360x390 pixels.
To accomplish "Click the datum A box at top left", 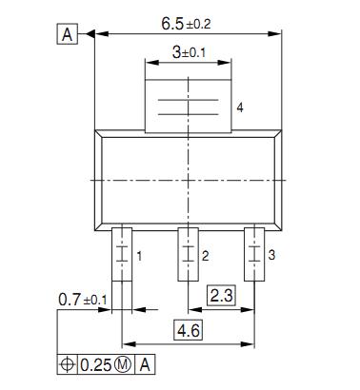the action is (x=68, y=33).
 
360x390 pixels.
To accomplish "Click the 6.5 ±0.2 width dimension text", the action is (x=186, y=24).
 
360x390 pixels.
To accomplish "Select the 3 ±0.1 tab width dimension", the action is (x=189, y=52).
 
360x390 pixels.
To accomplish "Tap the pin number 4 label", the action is (x=240, y=107).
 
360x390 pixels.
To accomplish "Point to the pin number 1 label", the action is (x=139, y=256).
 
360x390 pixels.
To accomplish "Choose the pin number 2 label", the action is (x=206, y=256).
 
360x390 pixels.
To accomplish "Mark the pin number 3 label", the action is (x=271, y=255).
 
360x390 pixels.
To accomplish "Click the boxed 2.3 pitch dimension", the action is (x=222, y=296).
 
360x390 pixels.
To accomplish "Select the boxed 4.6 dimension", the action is (x=189, y=330).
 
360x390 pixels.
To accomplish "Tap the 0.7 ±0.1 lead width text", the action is (x=83, y=300).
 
